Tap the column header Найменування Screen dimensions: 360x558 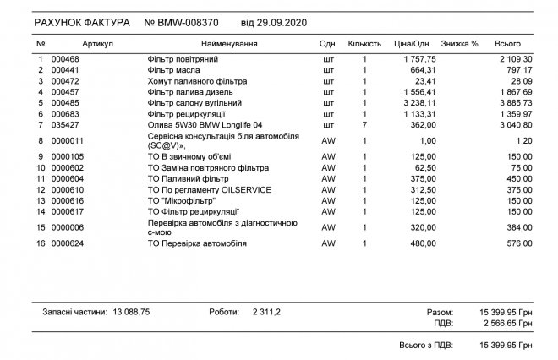point(229,43)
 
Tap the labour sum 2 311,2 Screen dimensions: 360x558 point(265,312)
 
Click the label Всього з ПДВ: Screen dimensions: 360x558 point(426,346)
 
